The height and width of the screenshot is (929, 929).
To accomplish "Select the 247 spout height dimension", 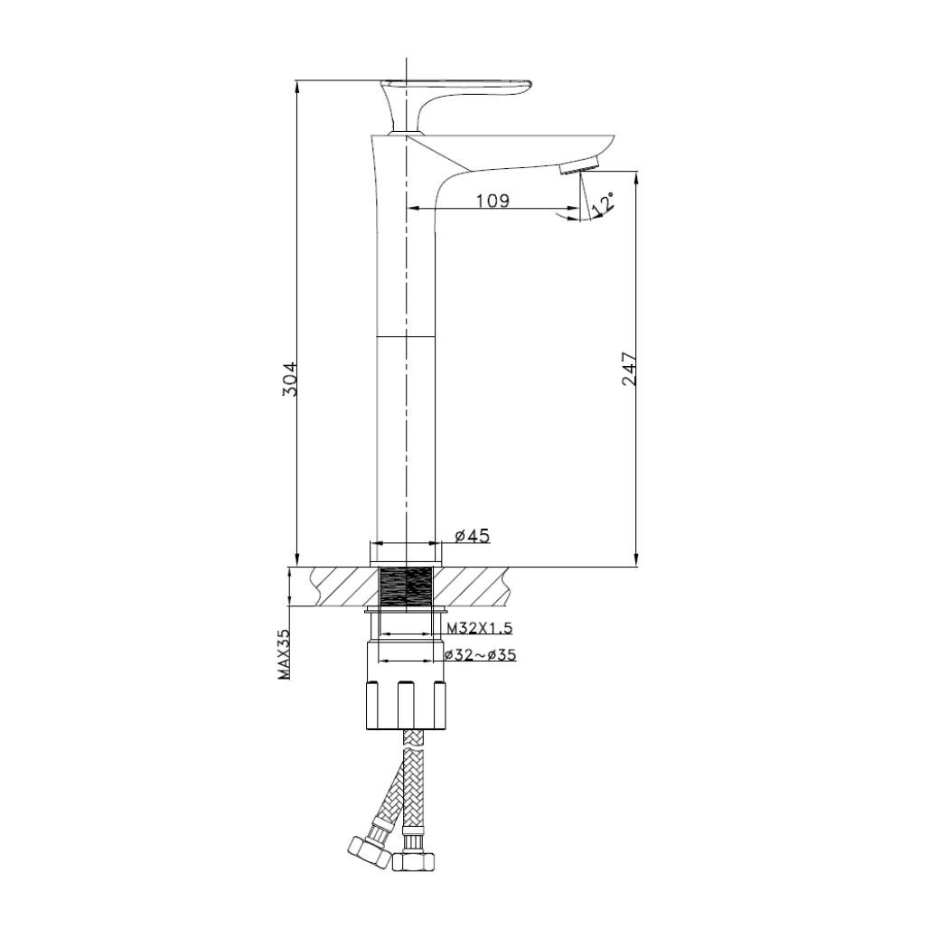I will click(x=630, y=369).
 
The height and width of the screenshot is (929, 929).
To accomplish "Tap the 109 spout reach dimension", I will click(x=493, y=201).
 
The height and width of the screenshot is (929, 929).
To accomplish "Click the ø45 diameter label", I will click(x=472, y=536).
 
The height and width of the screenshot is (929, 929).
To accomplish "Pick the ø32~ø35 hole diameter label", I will click(x=480, y=655).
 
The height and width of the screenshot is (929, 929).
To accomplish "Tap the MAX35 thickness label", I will click(x=284, y=655).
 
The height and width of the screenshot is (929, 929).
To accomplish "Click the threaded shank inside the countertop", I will click(x=406, y=586).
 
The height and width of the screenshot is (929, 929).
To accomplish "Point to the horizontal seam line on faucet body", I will click(x=406, y=336).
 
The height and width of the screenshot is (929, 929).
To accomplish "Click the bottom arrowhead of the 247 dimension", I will click(x=636, y=559).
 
